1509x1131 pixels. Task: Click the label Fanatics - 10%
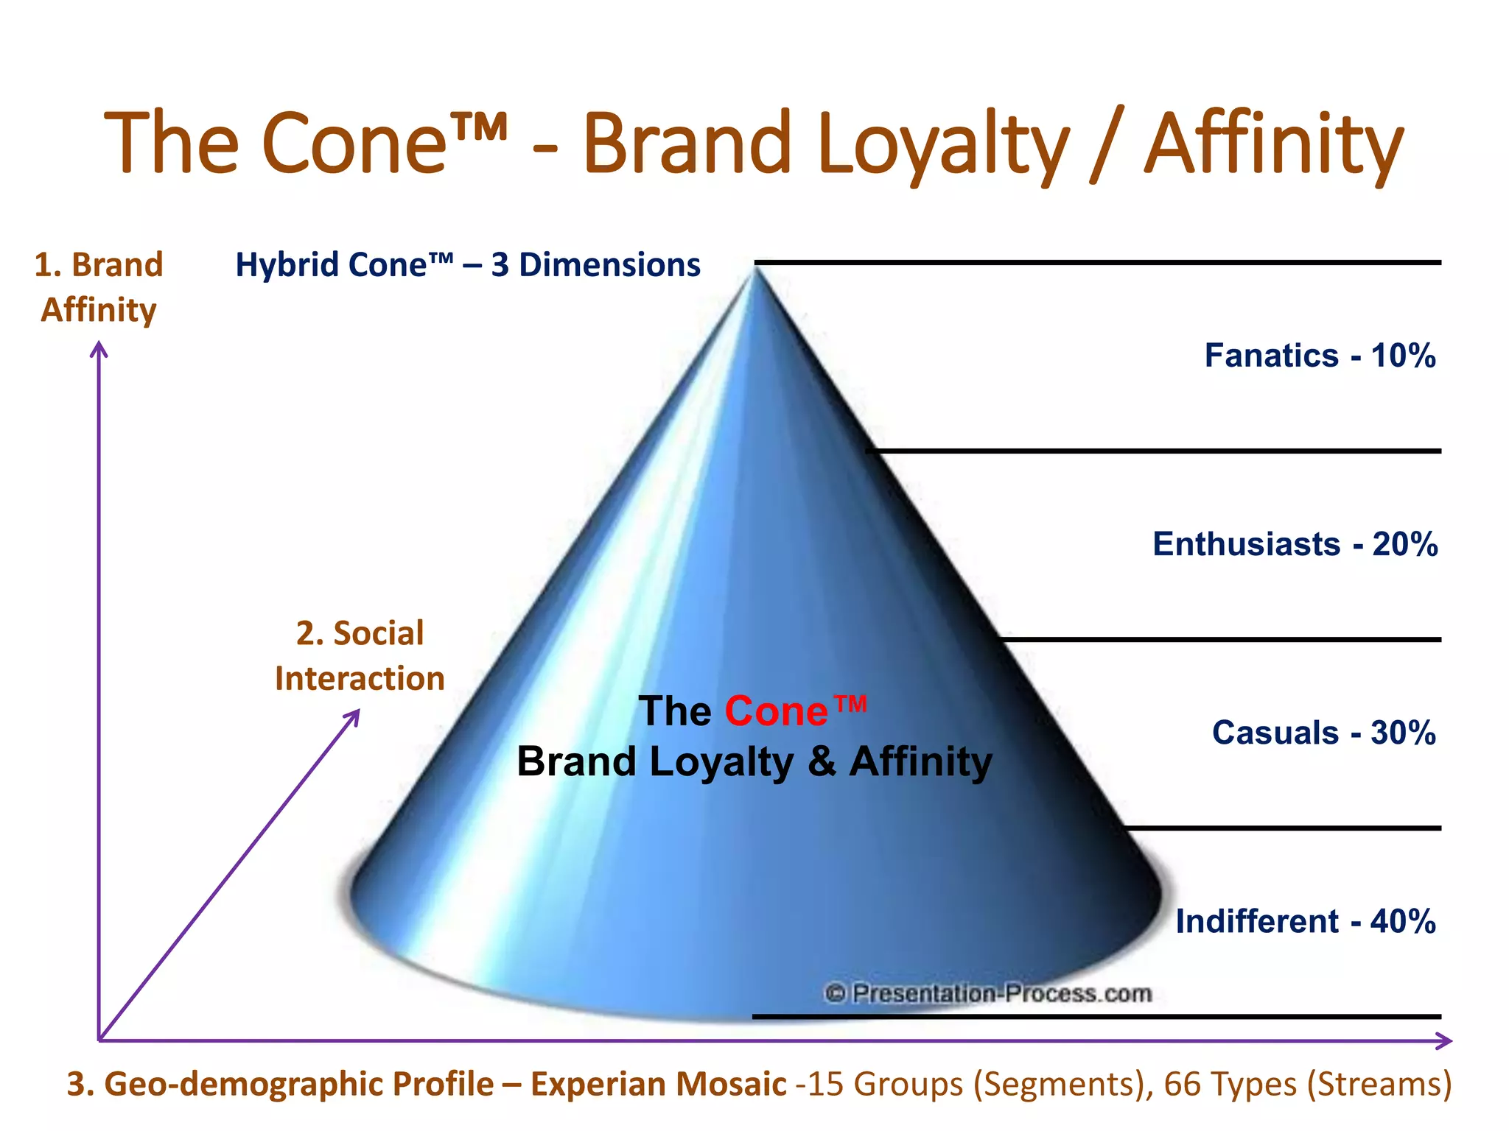tap(1320, 356)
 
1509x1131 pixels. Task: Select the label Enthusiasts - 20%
tap(1295, 544)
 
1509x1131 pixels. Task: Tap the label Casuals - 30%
tap(1323, 733)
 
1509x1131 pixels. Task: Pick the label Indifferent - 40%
tap(1305, 921)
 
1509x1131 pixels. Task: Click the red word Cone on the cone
tap(776, 711)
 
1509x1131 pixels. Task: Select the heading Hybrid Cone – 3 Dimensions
tap(467, 265)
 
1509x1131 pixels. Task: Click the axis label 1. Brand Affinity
tap(99, 287)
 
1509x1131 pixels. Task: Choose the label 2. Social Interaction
tap(360, 655)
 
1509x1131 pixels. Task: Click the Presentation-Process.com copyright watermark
tap(988, 993)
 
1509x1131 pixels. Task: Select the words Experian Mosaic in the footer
tap(658, 1084)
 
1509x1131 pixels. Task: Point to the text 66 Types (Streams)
tap(1308, 1084)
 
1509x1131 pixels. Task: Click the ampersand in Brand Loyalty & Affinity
tap(821, 761)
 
